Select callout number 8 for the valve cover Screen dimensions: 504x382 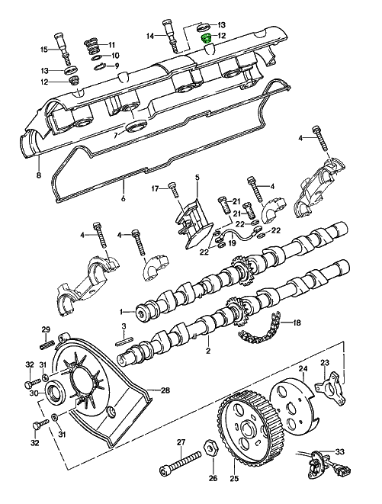(37, 175)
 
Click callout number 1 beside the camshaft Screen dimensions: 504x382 (120, 311)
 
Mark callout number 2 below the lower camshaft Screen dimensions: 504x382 (207, 352)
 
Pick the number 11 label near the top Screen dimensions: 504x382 (111, 44)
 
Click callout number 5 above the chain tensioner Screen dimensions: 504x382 (196, 178)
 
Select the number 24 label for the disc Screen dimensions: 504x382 (303, 369)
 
